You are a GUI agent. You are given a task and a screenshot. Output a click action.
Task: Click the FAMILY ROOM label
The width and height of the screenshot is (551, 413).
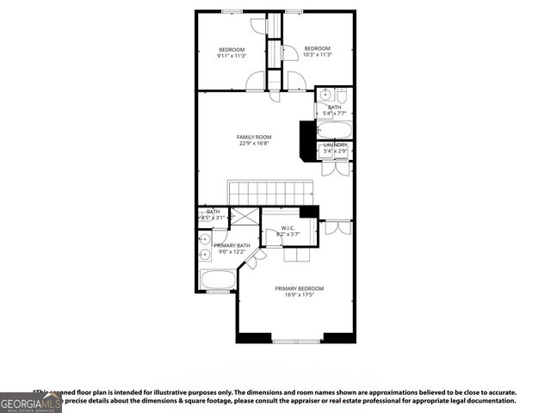coord(254,137)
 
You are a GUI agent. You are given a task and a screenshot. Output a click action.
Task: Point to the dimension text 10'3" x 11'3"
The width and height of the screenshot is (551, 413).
coord(317,55)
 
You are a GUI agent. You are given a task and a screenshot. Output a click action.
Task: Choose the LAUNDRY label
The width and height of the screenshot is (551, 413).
coord(335,145)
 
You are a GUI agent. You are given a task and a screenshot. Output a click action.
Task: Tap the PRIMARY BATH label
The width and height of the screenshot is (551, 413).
coord(230,245)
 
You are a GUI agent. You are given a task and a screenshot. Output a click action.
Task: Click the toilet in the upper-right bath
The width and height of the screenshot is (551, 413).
coord(341,96)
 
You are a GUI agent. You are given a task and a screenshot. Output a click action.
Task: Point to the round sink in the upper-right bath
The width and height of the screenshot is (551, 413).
coord(325,95)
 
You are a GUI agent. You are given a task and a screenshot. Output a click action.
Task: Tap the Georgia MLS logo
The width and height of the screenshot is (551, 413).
coord(31,402)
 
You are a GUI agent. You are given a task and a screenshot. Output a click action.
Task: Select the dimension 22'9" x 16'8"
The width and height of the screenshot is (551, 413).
coord(254,145)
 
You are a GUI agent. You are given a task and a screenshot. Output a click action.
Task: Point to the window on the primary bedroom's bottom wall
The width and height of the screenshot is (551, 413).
coord(295,342)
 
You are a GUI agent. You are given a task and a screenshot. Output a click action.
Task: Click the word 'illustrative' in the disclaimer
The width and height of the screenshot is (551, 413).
coord(170,391)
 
